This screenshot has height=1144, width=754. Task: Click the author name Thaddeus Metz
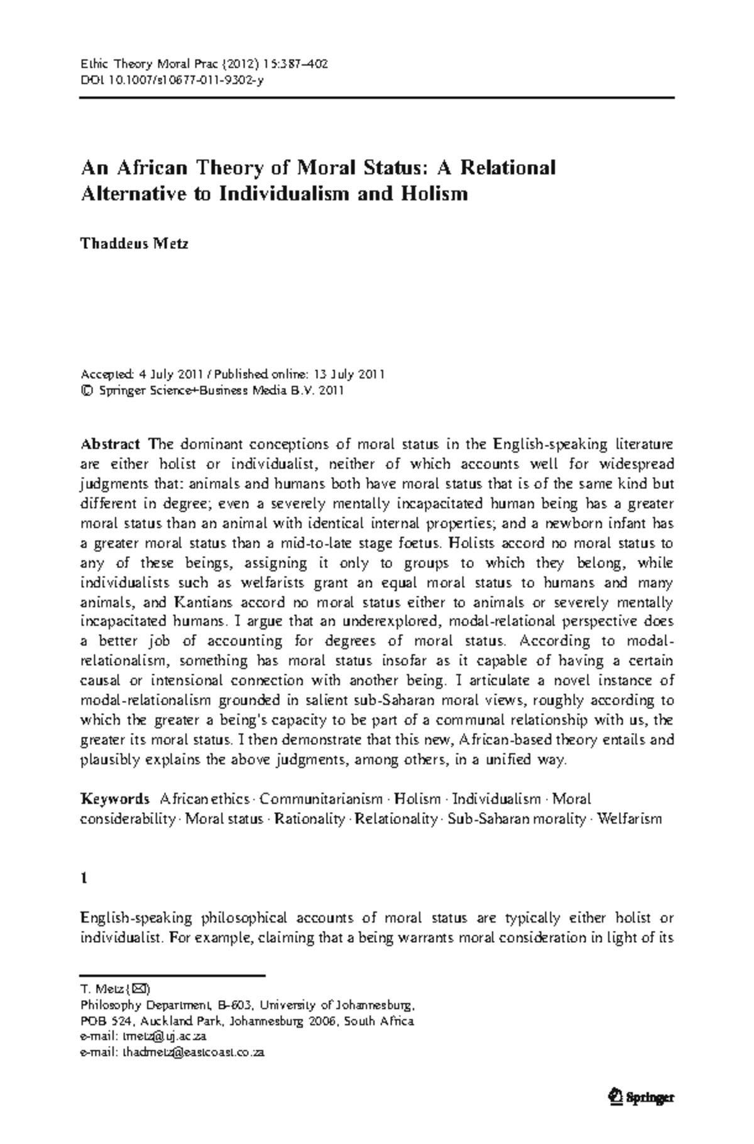(134, 244)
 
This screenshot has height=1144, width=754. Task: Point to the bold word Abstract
(110, 444)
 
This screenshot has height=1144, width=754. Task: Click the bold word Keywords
(115, 799)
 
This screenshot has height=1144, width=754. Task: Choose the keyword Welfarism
(630, 819)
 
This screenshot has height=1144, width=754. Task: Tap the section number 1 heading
(84, 878)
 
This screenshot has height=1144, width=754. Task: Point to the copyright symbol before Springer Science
(85, 391)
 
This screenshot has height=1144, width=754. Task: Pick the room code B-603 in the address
(237, 1003)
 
